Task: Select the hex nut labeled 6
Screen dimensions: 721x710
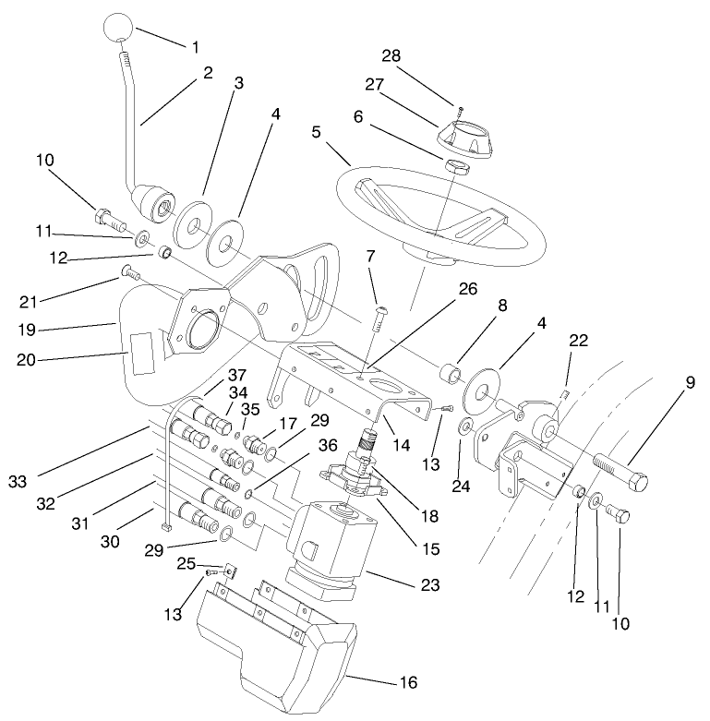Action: tap(455, 166)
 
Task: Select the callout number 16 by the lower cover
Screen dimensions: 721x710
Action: tap(408, 684)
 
